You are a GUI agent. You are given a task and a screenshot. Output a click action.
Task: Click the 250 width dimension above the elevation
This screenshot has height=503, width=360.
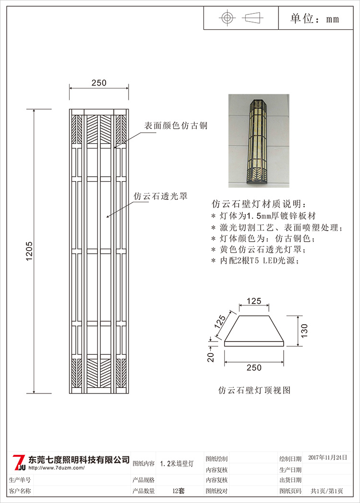pos(99,83)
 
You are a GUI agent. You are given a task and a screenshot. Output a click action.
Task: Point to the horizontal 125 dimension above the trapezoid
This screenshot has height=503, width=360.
pos(254,301)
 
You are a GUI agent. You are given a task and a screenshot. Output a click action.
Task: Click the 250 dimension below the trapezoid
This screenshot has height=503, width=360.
pos(254,368)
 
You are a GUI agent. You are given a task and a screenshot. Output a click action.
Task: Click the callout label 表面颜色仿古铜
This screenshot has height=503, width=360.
pos(176,126)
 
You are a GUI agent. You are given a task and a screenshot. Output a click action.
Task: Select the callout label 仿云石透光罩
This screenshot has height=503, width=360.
pos(160,196)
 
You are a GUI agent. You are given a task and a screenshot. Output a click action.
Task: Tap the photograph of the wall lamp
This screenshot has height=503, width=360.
pos(259,140)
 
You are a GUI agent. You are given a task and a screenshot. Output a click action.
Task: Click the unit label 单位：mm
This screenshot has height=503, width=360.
pos(315,19)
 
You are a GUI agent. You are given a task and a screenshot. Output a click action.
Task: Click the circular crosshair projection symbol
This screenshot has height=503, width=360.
pos(227,18)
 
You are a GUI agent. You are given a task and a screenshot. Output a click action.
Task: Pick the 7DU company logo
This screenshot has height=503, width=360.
pos(18,462)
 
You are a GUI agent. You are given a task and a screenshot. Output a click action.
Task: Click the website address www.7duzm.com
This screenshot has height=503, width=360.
pos(57,467)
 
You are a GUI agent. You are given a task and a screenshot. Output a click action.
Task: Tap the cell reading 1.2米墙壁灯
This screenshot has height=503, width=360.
pos(177,464)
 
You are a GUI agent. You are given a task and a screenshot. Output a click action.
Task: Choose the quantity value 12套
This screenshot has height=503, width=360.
pos(179,491)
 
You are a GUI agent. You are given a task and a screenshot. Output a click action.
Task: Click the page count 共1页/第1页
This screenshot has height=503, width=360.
pos(327,491)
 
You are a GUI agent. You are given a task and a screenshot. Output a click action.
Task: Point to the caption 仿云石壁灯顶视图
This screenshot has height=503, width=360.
pos(254,390)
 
